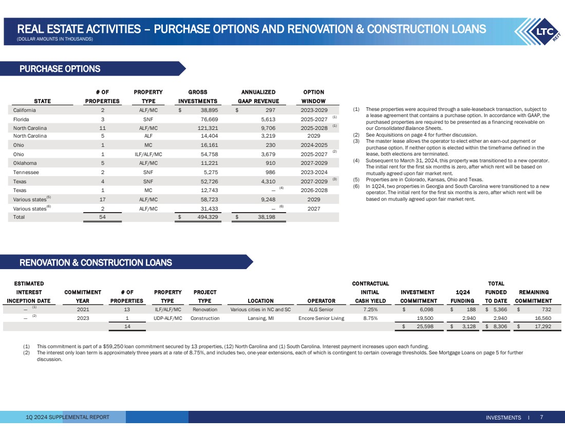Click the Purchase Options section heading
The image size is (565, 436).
tap(60, 69)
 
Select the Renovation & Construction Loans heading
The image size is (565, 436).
tap(96, 262)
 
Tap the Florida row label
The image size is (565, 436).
tap(21, 119)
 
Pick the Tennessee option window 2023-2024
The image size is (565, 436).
tap(314, 172)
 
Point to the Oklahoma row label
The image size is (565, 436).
tap(25, 163)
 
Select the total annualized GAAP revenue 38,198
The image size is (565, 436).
tap(266, 217)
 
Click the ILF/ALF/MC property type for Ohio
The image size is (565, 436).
tap(148, 154)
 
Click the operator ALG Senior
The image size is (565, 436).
tap(321, 309)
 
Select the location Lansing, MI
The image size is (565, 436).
tap(260, 318)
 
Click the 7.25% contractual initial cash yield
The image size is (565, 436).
tap(370, 309)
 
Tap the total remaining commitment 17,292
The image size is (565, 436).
tap(540, 327)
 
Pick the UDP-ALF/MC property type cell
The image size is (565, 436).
tap(167, 318)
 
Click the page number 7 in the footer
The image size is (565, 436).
tap(541, 417)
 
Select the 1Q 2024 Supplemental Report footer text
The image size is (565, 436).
tap(68, 417)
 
